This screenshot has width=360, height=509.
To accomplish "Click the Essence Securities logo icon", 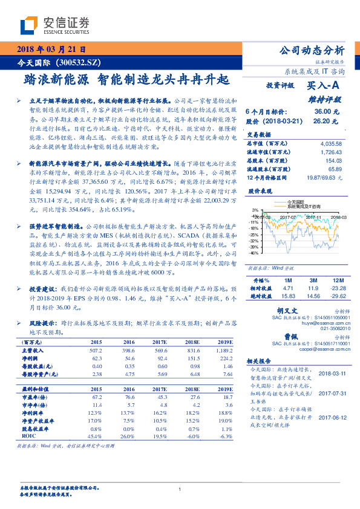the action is tap(30, 25).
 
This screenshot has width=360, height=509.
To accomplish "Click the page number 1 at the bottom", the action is tap(180, 490).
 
